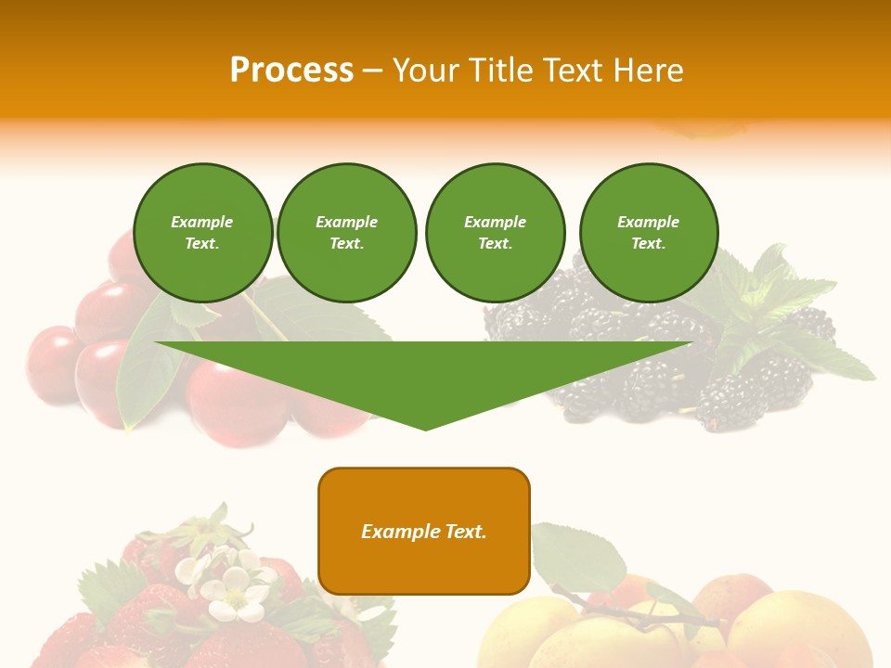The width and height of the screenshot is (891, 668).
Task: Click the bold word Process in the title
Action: [291, 71]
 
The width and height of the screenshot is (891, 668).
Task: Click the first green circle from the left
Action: [202, 233]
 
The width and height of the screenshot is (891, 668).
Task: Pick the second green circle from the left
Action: [346, 233]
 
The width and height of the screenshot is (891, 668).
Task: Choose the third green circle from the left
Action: [495, 233]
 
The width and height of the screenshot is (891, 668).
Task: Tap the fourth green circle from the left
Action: [648, 233]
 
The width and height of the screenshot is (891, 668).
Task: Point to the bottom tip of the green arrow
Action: [425, 428]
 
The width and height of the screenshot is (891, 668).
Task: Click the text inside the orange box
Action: [424, 532]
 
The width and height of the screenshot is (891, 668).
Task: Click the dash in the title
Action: [373, 71]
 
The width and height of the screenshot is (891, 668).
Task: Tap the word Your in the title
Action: [427, 71]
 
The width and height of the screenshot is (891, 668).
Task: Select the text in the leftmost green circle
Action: [202, 233]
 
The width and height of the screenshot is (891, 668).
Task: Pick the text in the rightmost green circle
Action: [648, 233]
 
